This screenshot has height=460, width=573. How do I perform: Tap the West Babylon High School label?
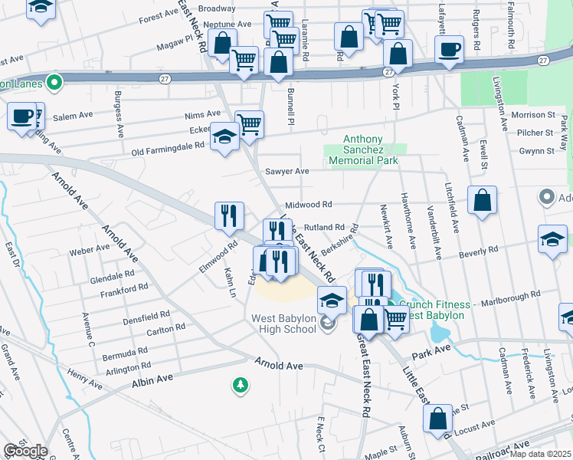tap(283, 324)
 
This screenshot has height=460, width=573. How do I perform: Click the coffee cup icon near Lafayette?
tap(449, 49)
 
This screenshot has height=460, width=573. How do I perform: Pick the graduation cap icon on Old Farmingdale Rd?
tap(224, 136)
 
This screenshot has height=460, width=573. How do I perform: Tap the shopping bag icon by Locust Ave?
tap(437, 419)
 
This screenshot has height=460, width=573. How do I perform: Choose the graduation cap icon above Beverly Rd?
tap(552, 239)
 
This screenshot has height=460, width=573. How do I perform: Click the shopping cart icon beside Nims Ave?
tap(250, 123)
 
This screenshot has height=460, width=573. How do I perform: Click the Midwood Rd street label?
tap(308, 205)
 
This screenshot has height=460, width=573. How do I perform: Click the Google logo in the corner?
tap(25, 451)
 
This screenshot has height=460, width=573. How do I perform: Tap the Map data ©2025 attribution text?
tap(541, 454)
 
